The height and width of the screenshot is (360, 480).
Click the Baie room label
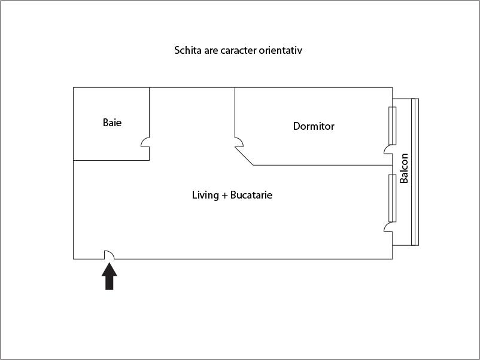tap(112, 123)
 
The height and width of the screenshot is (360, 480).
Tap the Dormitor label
tap(314, 126)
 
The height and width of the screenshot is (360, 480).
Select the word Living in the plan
tap(205, 196)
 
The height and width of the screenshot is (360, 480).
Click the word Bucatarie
tap(251, 195)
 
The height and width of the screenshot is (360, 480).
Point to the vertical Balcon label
tap(404, 168)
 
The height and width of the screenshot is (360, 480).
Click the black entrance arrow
tap(110, 276)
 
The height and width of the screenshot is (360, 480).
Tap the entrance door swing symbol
tap(110, 254)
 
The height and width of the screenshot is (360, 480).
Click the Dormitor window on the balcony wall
tap(393, 126)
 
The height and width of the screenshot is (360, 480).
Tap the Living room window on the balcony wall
tap(393, 198)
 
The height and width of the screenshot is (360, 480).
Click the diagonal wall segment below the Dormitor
tap(244, 156)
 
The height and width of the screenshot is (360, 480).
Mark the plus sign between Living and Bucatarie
tap(224, 195)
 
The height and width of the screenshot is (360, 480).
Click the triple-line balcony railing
tap(415, 172)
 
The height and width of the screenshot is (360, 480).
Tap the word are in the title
tap(211, 51)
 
